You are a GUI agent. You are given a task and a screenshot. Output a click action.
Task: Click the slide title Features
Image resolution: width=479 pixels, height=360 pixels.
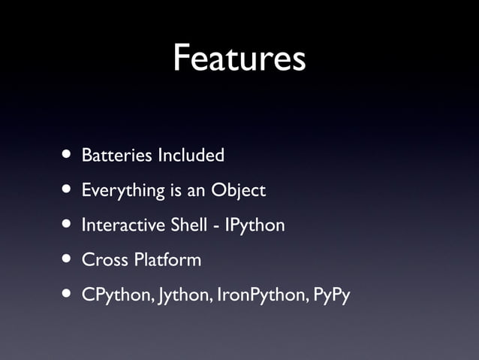[x=239, y=58]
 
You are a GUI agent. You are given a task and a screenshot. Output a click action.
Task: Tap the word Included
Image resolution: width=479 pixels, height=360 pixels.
[x=191, y=156]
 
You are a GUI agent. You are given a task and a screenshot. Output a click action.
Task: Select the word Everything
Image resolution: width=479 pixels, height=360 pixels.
[x=123, y=191]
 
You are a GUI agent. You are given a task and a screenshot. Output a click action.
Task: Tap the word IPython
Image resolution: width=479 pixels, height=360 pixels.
[x=255, y=225]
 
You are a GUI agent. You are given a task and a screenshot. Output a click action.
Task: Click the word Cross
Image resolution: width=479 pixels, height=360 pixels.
[x=105, y=260]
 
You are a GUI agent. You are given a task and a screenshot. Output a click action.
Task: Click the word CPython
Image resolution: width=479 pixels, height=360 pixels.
[x=116, y=295]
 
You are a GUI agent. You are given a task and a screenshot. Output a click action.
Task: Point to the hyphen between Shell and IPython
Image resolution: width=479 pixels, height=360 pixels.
[x=215, y=227]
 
